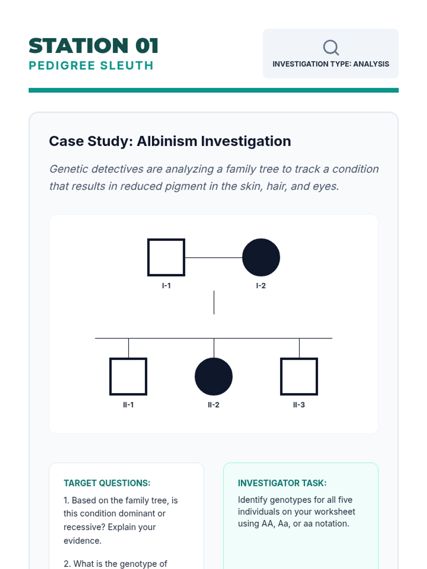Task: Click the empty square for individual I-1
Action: pos(166,257)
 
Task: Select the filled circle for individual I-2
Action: pos(261,257)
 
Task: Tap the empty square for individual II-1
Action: pos(128,376)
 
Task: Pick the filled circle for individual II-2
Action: pos(213,376)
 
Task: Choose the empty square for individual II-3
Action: pos(299,376)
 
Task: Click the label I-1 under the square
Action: pos(166,286)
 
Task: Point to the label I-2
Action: pos(261,286)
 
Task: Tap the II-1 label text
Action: pos(128,405)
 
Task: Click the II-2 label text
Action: pos(213,405)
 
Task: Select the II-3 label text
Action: pos(299,405)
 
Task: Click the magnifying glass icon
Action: pos(331,47)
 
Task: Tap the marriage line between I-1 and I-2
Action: pos(213,257)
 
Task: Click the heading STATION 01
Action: pos(93,46)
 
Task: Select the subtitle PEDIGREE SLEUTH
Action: pos(91,65)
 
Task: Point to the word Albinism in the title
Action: pos(167,141)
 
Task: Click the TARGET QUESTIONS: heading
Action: pos(107,483)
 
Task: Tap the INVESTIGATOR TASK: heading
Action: pos(282,483)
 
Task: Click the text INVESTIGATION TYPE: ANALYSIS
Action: pos(331,64)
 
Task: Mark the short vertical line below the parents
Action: pos(214,302)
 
